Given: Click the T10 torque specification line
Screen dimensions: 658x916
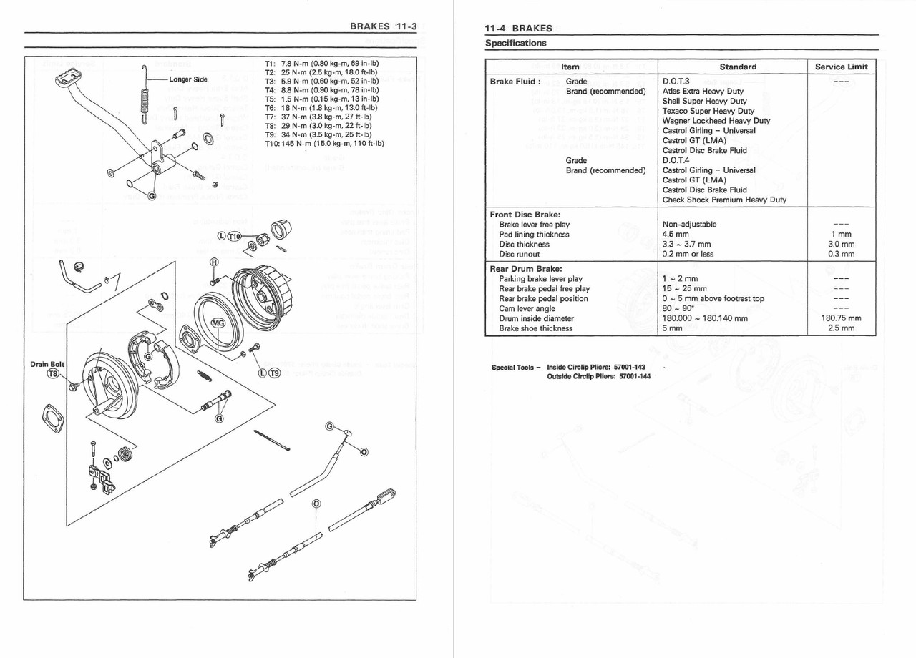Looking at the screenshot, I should coord(324,143).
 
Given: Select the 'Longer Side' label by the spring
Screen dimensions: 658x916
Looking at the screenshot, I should coord(188,79).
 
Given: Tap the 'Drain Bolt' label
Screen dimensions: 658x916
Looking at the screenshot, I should coord(47,365).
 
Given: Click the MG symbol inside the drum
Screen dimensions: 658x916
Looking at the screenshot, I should coord(219,323).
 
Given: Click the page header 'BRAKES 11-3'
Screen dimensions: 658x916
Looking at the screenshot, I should coord(383,27).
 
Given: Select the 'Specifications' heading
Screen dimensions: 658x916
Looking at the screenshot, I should coord(515,43).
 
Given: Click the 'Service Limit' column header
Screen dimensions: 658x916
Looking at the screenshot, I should coord(841,67).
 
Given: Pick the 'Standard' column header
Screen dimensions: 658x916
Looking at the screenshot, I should coord(737,67).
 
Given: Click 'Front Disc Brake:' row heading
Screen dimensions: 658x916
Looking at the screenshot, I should coord(525,214).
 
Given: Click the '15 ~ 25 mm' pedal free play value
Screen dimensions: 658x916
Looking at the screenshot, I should coord(684,289).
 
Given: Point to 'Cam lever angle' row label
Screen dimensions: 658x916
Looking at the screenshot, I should coord(527,308).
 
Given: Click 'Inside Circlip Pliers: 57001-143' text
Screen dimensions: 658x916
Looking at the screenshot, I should coord(595,367).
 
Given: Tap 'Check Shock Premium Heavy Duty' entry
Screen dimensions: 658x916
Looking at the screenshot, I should coord(723,200).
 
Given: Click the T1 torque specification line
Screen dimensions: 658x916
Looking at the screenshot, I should coord(321,64).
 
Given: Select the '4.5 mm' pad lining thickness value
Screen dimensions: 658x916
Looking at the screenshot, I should coord(676,234).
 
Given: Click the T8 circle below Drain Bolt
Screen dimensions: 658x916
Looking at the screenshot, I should coord(53,374).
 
